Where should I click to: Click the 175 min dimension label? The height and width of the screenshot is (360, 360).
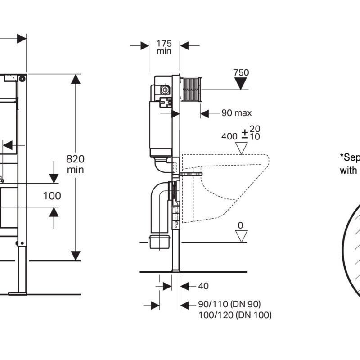click(x=164, y=47)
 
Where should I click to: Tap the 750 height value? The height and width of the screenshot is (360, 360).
click(x=242, y=72)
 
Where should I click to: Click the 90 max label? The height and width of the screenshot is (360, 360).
click(x=236, y=113)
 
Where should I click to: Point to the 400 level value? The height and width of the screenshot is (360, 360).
click(x=229, y=135)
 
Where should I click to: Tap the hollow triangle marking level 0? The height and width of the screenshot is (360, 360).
click(x=242, y=236)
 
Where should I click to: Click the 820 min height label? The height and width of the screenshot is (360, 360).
click(x=75, y=164)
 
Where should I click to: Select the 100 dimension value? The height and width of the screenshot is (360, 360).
click(x=52, y=195)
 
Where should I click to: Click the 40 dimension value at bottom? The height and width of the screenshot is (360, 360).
click(x=203, y=286)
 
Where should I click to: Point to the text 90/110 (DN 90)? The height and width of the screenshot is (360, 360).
click(x=229, y=305)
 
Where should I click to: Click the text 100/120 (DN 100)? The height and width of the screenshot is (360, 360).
click(x=235, y=315)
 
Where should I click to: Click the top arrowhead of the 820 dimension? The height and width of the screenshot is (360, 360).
click(x=76, y=78)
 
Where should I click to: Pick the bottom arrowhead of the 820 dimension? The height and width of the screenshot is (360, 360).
click(x=76, y=256)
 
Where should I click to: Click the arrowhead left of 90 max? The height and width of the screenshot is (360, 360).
click(x=204, y=114)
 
